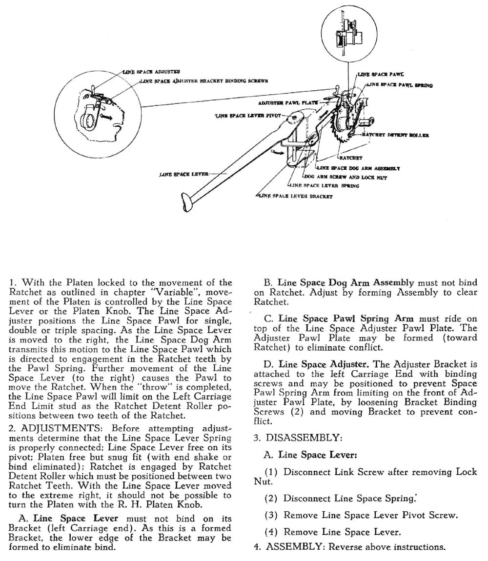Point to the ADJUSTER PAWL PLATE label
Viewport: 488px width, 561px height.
(x=288, y=102)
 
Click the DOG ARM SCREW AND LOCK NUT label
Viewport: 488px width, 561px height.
(x=346, y=177)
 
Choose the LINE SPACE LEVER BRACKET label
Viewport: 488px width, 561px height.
(x=295, y=196)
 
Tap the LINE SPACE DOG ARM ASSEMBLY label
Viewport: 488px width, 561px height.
(x=358, y=168)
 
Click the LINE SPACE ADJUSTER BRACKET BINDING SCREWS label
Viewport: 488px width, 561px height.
(x=204, y=81)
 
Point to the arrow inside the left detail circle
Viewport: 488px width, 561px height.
(x=106, y=116)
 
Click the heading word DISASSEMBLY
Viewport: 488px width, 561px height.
(x=304, y=438)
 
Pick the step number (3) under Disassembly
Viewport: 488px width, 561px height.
(x=271, y=516)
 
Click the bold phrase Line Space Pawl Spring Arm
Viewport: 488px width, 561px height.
(x=346, y=319)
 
